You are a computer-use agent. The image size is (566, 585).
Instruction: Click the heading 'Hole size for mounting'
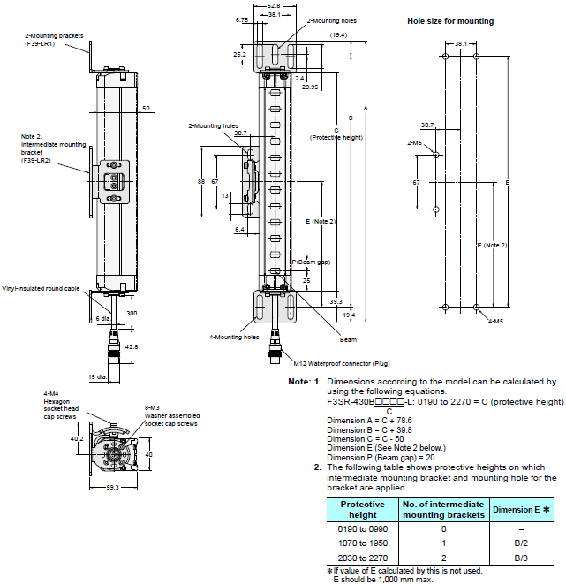(x=450, y=20)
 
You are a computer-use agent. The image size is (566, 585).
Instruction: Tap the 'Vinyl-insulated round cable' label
(x=41, y=288)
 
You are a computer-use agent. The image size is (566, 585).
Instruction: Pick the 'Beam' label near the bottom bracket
(x=348, y=338)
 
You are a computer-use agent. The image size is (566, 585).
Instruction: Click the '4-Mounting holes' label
(x=234, y=337)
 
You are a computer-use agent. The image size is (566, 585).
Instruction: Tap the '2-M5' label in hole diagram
(x=413, y=141)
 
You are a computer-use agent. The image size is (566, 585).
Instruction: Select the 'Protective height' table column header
(x=363, y=509)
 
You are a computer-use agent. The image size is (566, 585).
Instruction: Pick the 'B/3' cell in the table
(x=522, y=558)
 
